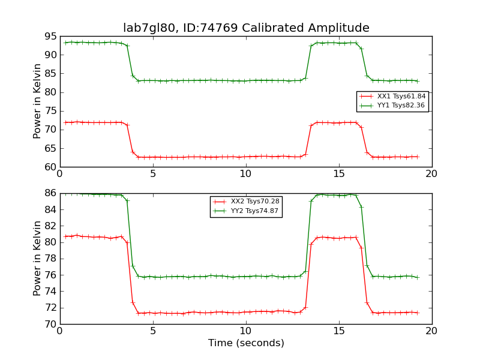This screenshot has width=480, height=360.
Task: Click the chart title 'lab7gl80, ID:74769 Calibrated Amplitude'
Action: [246, 28]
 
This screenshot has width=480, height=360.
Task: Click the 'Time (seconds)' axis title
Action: [246, 343]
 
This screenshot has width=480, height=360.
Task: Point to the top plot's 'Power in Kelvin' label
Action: [38, 101]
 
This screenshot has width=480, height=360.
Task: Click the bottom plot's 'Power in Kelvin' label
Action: [38, 258]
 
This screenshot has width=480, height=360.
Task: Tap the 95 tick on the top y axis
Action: [50, 37]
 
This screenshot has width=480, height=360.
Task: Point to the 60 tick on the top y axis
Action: [50, 167]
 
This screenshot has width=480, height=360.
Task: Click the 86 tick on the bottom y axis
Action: [50, 193]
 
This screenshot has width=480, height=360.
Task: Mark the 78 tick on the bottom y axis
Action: [50, 259]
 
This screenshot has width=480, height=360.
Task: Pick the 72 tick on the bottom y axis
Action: [50, 308]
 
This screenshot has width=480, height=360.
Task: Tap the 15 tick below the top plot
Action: [339, 174]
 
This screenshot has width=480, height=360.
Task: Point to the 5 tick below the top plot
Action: [153, 174]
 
